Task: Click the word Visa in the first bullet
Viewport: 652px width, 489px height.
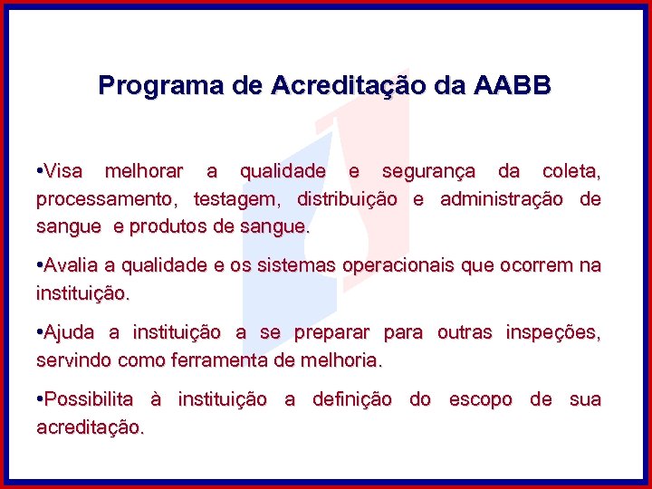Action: (x=63, y=171)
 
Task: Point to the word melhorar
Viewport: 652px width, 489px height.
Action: (x=144, y=171)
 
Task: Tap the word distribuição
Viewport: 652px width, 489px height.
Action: (x=347, y=199)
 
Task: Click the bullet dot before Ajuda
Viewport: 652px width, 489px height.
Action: (x=40, y=333)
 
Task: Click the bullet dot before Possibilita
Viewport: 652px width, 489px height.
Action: (x=40, y=399)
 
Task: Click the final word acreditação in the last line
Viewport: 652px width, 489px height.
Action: (x=89, y=427)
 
